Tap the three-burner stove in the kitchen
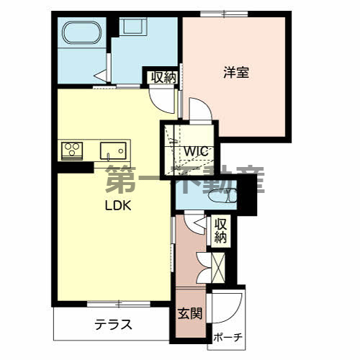(x=71, y=150)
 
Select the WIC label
(x=195, y=151)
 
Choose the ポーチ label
(x=228, y=337)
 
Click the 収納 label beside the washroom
(x=162, y=78)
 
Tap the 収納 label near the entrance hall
(x=220, y=230)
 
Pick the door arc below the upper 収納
(x=167, y=99)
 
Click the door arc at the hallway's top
(x=192, y=222)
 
